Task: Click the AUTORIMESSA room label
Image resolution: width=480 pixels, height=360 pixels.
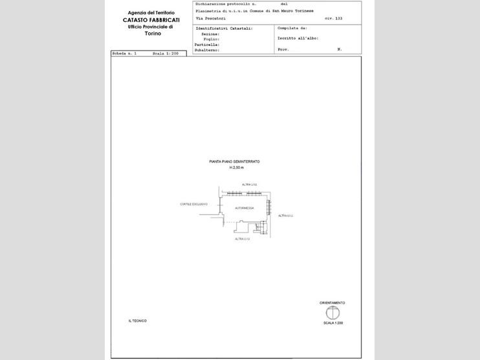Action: click(x=244, y=208)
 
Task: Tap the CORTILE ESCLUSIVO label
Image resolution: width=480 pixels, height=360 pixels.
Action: click(x=193, y=204)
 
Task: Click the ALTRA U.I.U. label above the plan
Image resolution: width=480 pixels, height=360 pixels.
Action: click(x=250, y=185)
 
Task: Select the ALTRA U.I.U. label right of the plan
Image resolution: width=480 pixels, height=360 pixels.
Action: click(x=285, y=215)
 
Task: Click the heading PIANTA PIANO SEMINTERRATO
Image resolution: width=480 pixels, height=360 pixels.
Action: click(x=234, y=161)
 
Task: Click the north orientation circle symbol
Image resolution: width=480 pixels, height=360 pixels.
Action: click(x=333, y=313)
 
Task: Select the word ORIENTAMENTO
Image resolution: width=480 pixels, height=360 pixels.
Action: click(x=333, y=302)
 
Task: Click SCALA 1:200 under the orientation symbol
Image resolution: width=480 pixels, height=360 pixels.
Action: click(x=333, y=322)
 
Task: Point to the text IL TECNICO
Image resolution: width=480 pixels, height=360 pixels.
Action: click(x=137, y=321)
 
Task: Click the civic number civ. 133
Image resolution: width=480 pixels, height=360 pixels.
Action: click(x=333, y=18)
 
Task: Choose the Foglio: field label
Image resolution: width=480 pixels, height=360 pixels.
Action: click(x=212, y=39)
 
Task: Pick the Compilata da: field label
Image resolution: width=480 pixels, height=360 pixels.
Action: click(x=292, y=28)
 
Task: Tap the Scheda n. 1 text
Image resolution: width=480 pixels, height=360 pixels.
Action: click(x=123, y=53)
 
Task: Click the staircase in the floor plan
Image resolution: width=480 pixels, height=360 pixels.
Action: click(x=260, y=227)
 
